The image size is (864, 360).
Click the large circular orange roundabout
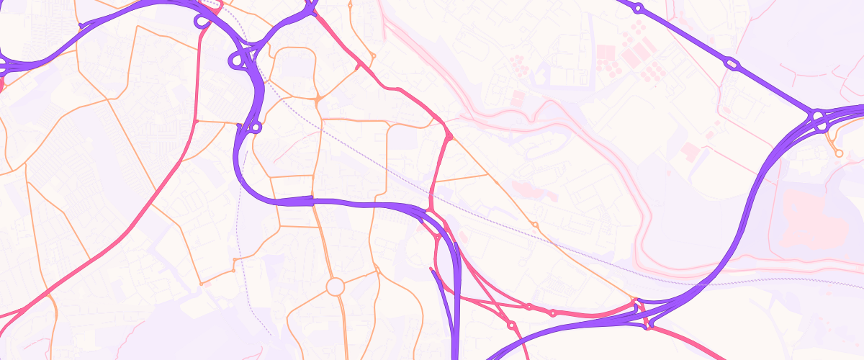[x=336, y=287]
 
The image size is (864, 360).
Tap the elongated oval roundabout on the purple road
[x=732, y=64]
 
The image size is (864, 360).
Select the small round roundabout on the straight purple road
[x=637, y=9]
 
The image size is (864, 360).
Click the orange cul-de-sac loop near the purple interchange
[x=838, y=153]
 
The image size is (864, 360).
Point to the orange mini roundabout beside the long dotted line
[x=534, y=225]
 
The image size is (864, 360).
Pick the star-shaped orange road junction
[x=317, y=97]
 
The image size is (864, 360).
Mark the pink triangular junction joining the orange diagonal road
[x=449, y=135]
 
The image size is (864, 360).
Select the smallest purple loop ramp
[x=256, y=128]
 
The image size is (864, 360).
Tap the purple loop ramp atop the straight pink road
[x=202, y=22]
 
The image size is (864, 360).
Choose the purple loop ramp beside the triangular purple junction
[x=235, y=60]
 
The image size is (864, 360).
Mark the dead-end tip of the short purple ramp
[x=431, y=270]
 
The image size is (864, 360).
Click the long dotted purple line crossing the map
[x=576, y=252]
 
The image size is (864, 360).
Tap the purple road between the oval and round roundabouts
[x=684, y=36]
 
